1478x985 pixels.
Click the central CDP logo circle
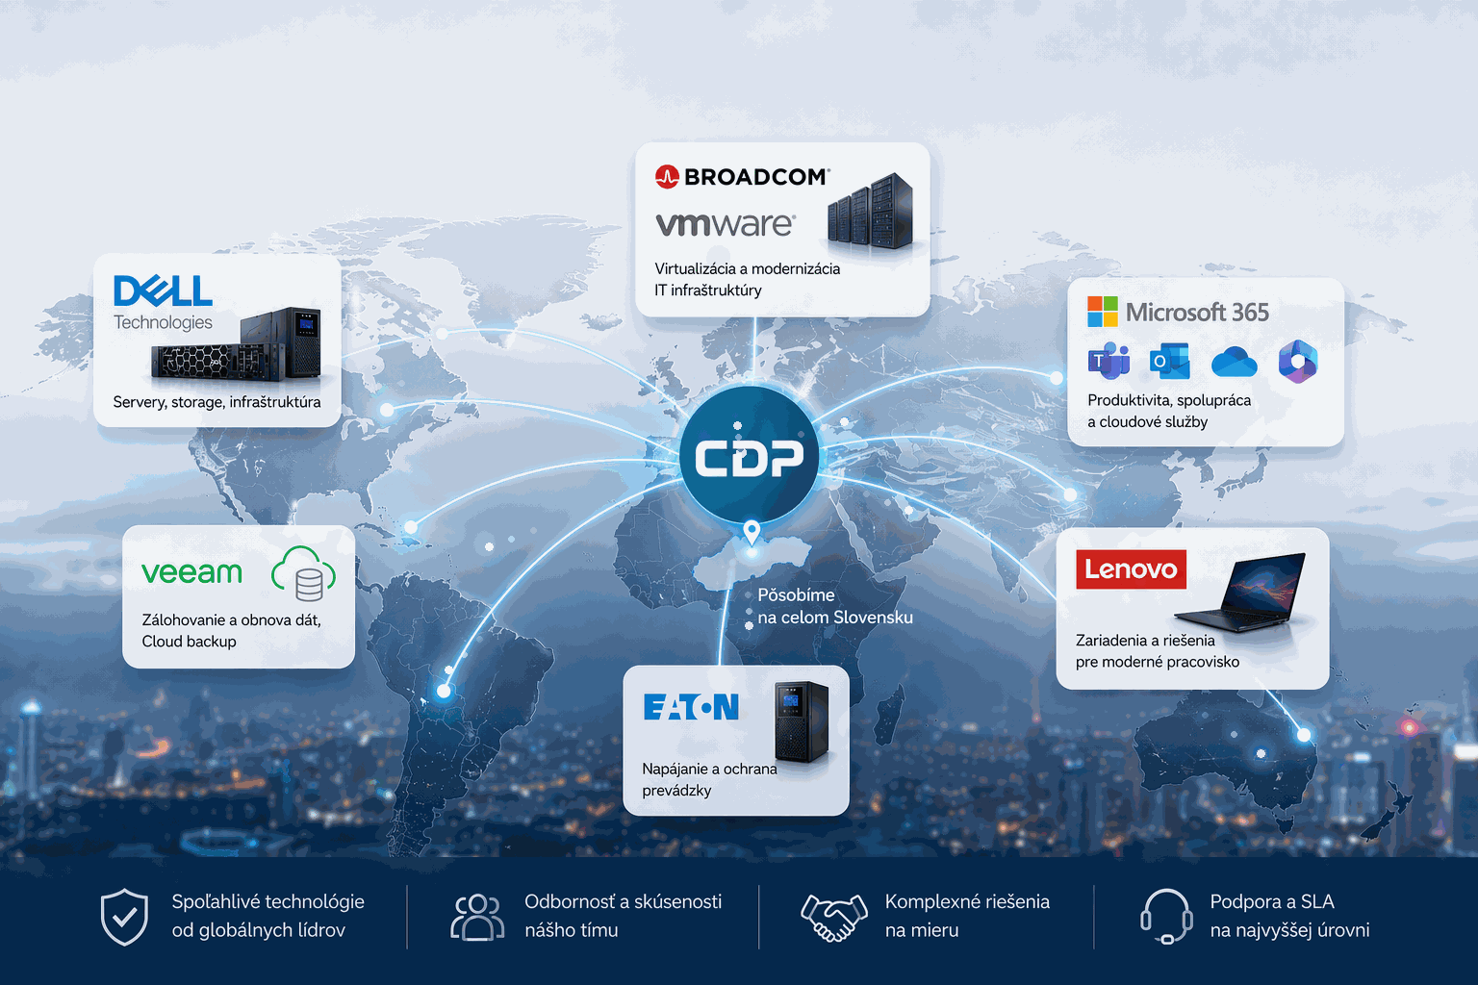[749, 457]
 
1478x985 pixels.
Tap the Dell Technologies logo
[163, 302]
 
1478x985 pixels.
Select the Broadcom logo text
[742, 176]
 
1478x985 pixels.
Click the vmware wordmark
[725, 224]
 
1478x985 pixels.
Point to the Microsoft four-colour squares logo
[1102, 312]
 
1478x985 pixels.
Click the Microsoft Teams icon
[1108, 361]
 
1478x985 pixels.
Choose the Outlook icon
[1169, 362]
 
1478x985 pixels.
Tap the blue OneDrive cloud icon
[1234, 362]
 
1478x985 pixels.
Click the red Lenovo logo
[1131, 569]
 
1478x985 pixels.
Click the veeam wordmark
[191, 572]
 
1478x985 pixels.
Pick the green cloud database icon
[303, 573]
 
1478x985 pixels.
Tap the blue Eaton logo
[691, 707]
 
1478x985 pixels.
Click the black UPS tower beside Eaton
[802, 721]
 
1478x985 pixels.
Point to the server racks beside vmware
[870, 211]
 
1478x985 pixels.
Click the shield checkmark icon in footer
[124, 917]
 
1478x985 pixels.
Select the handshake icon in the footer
[833, 918]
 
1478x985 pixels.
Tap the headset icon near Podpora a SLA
[1165, 916]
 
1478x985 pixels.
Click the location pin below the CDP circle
[752, 531]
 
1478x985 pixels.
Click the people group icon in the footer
[477, 917]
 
